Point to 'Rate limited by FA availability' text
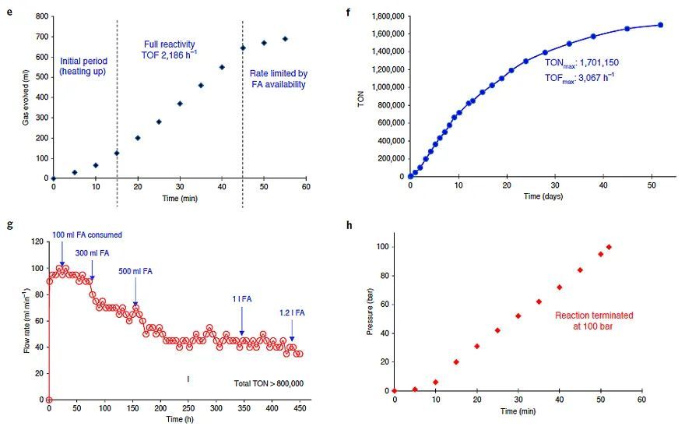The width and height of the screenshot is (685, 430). pyautogui.click(x=278, y=79)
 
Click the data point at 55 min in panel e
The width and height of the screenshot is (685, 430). pyautogui.click(x=285, y=39)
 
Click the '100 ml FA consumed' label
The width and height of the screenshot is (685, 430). pyautogui.click(x=87, y=234)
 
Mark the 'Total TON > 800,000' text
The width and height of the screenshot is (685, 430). pyautogui.click(x=269, y=383)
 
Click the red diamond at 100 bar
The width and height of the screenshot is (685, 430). pyautogui.click(x=609, y=248)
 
